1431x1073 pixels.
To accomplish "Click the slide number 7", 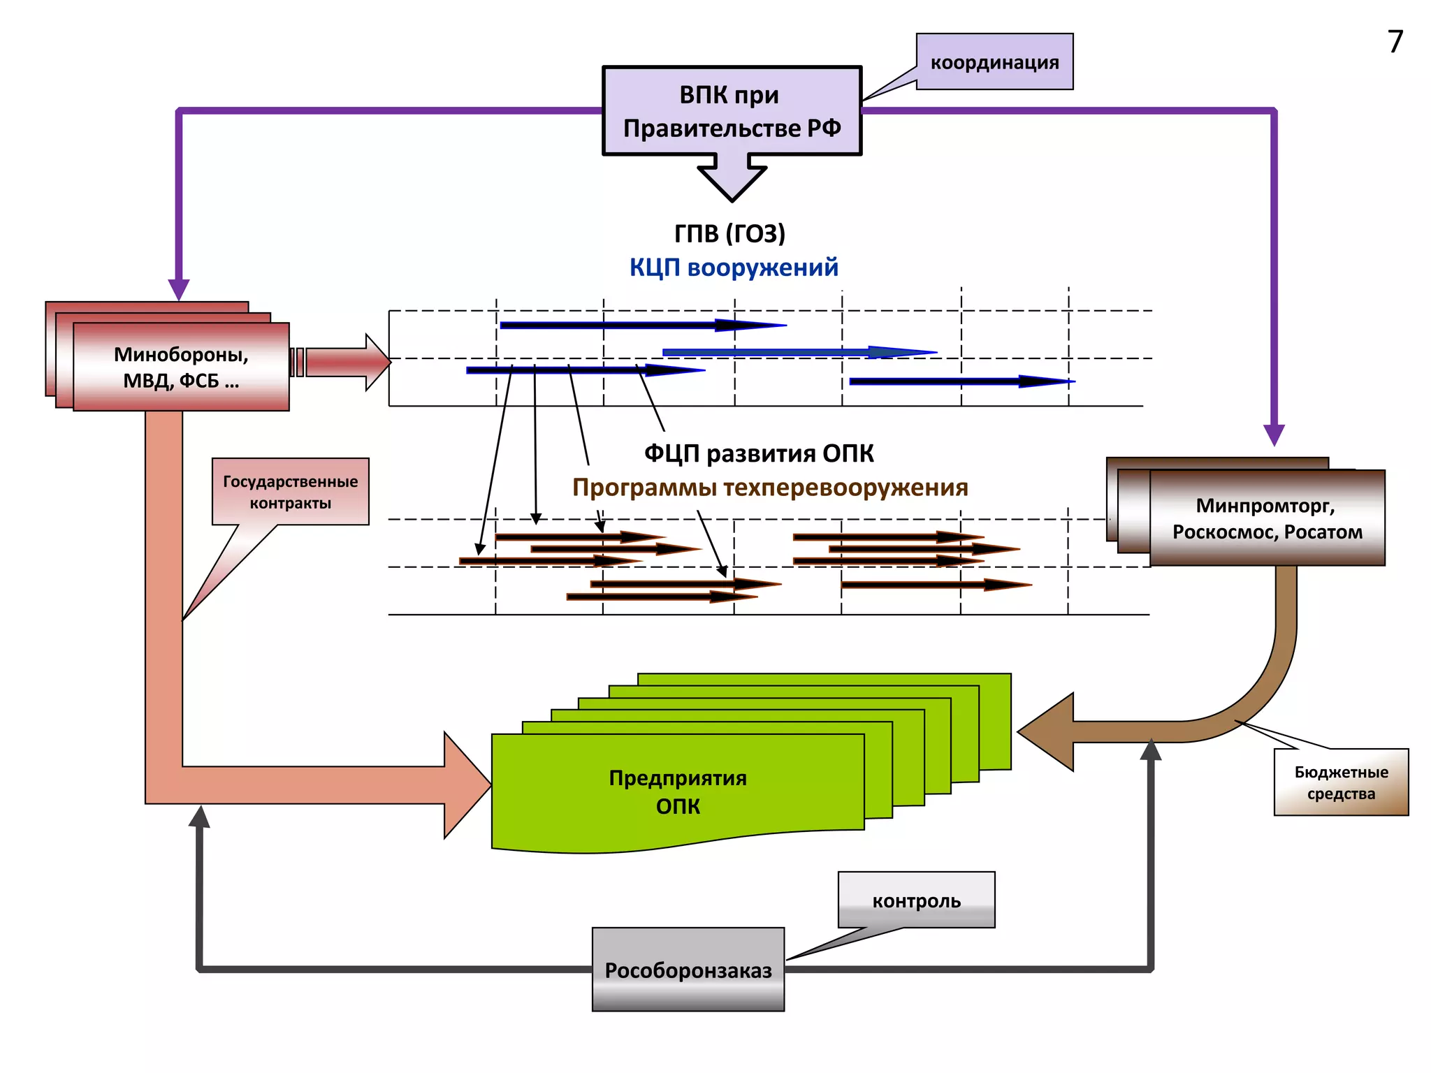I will pos(1395,42).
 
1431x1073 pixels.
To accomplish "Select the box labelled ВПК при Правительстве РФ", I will pos(732,111).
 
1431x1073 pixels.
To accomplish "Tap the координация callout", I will pos(994,62).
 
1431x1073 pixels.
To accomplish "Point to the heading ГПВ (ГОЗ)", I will pos(729,233).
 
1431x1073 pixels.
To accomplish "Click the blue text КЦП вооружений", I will pos(734,268).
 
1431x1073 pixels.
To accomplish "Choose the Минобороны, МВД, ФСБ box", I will pos(181,367).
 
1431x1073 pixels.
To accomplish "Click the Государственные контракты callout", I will pos(291,492).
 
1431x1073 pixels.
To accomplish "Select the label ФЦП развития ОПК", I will pos(759,453).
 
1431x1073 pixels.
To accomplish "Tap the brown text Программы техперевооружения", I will pos(770,488).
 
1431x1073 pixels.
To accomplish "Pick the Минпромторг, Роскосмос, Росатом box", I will pos(1267,518).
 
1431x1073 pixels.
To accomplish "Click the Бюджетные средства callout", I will pos(1341,782).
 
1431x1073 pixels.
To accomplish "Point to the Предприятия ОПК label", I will pos(678,791).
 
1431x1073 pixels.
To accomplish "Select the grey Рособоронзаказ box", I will pos(688,970).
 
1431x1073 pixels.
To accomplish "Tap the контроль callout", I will pos(916,900).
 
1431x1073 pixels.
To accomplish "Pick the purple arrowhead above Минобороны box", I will pos(179,289).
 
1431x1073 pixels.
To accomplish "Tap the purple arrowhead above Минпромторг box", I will pos(1274,435).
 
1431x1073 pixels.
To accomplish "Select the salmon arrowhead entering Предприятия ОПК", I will pos(467,785).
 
